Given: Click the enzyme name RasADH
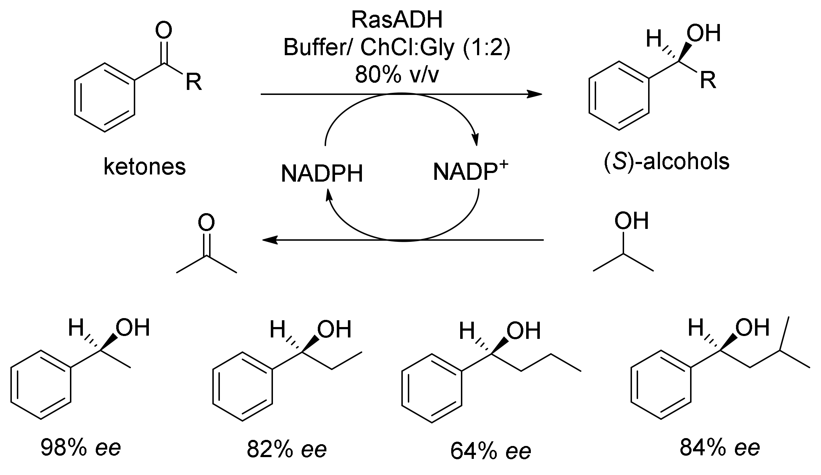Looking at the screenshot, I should point(397,20).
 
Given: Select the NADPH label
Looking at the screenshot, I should point(322,174).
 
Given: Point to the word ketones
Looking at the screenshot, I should point(145,167).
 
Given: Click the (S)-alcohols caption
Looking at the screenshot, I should point(667,162).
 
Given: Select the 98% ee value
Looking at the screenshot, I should point(81,447).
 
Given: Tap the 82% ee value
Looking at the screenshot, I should point(287,450).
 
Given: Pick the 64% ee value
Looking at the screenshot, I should point(490,451).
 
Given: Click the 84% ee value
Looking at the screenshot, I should point(720,447).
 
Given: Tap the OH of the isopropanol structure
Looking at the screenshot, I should point(631,221).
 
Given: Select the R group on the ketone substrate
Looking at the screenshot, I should point(194,82).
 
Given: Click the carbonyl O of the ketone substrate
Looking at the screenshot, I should point(164,31).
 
